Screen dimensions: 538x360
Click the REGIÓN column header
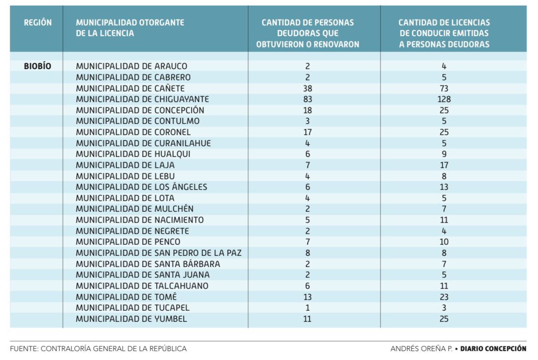(x=38, y=23)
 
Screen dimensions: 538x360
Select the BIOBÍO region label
(x=37, y=66)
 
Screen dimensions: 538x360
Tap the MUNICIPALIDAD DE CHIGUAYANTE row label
(x=142, y=99)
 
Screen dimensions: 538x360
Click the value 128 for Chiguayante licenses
(x=444, y=99)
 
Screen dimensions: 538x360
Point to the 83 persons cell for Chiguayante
(x=308, y=99)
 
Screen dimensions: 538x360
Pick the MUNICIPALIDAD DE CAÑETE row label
(x=131, y=88)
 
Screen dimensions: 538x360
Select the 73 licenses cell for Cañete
(x=444, y=88)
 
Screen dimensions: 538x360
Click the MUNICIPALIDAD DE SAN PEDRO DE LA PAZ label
(x=158, y=253)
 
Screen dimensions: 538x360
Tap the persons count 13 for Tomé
(x=308, y=297)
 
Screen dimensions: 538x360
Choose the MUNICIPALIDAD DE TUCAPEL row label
(x=132, y=308)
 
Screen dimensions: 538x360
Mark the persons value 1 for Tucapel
(x=308, y=308)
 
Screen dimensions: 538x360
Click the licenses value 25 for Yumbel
(x=444, y=319)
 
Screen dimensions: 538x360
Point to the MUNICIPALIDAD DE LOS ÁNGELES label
(x=141, y=187)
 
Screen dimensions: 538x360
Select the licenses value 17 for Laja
(x=444, y=165)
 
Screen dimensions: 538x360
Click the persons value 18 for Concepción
(x=308, y=110)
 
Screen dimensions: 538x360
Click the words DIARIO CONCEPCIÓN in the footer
(x=493, y=349)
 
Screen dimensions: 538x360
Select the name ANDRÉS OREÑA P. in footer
(x=421, y=349)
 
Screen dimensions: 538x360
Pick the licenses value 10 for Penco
(x=444, y=242)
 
